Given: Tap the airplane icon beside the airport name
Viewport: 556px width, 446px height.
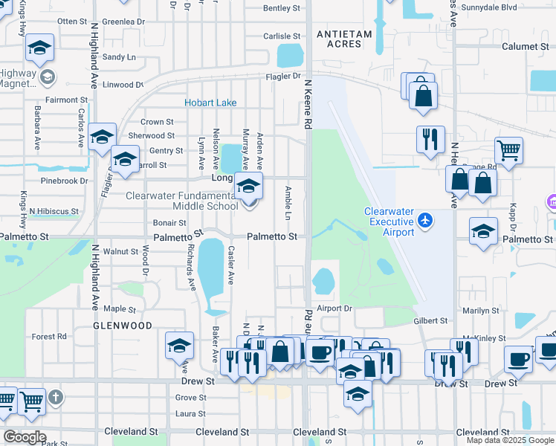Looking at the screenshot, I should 424,220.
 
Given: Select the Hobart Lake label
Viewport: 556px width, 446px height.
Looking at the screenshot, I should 210,103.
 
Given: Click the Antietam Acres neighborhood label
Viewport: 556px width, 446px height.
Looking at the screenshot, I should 338,39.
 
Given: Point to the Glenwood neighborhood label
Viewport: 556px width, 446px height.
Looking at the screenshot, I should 123,326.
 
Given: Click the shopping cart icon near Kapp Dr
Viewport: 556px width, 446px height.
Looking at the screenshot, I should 508,149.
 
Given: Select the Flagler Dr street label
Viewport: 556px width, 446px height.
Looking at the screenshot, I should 285,76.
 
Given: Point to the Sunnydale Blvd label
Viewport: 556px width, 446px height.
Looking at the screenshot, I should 509,7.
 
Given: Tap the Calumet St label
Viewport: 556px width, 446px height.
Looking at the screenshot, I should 529,46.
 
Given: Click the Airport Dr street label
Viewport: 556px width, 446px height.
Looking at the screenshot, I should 333,308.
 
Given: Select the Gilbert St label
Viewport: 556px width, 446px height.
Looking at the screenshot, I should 430,321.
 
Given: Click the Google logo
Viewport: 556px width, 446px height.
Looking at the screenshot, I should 25,437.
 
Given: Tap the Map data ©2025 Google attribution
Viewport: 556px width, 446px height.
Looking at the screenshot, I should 509,441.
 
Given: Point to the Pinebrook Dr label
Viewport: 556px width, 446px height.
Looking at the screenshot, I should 65,181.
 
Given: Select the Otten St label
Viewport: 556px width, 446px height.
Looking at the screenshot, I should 72,21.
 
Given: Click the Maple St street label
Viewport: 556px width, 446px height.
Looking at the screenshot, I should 120,308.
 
